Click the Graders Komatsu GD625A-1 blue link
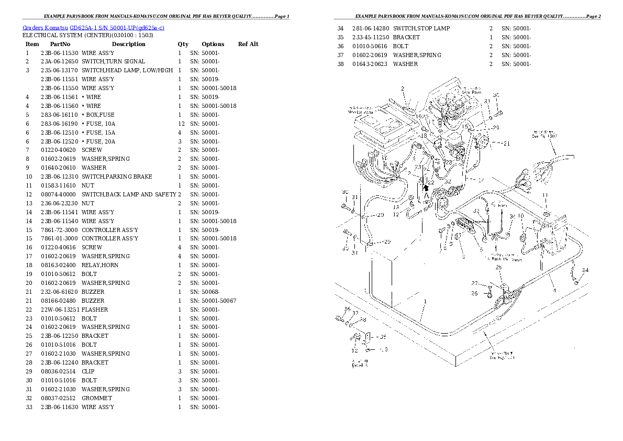coord(93,27)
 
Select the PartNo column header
coord(60,44)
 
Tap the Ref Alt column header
coord(248,44)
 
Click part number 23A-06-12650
coord(60,62)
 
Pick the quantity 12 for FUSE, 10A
coord(181,124)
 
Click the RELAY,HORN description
coord(100,266)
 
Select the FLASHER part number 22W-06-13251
coord(60,310)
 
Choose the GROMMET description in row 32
coord(97,398)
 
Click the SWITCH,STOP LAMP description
coord(421,28)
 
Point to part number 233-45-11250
coord(371,37)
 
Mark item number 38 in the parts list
coord(340,64)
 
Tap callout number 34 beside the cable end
coord(585,270)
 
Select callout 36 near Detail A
coord(346,309)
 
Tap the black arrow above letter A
coord(426,186)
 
